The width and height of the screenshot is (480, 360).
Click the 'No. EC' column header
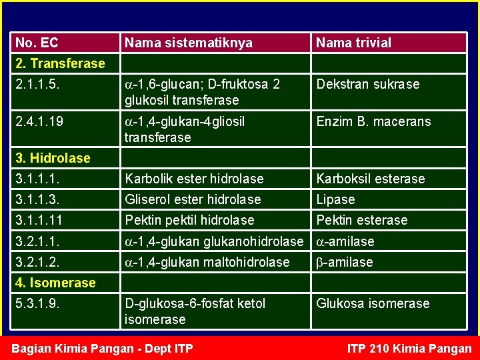coord(37,43)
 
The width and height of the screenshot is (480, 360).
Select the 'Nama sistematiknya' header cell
coord(189,43)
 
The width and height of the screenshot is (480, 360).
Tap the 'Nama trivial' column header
coord(353,43)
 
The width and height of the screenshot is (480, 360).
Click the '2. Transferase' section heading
coord(60,63)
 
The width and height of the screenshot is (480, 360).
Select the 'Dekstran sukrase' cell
coord(368,85)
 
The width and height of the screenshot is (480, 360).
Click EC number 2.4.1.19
coord(41,122)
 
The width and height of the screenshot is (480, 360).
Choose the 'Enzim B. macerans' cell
coord(373,122)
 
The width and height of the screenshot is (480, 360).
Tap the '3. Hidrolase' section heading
coord(53,158)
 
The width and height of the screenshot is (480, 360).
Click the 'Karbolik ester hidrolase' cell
coord(194,179)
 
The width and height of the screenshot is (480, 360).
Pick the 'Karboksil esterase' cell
coord(370,179)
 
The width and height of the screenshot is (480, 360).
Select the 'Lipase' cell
coord(335,199)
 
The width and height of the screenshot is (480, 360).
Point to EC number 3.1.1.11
coord(41,220)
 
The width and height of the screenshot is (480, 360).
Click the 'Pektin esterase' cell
coord(361,220)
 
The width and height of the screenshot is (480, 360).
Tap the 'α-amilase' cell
coord(345,241)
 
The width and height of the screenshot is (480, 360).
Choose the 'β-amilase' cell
coord(344,262)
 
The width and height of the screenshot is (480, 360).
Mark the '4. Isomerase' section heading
coord(55,283)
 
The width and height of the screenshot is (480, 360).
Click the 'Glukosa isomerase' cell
coord(373,304)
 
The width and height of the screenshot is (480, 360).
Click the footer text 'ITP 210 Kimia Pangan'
coord(409,349)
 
